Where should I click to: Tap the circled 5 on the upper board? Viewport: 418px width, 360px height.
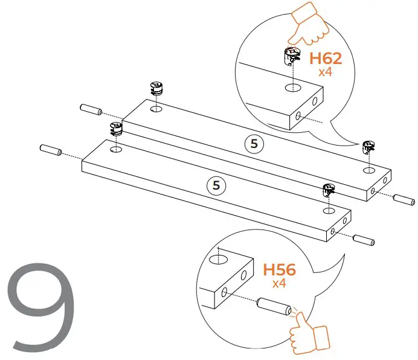coord(254,144)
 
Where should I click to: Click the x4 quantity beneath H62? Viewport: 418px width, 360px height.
coord(326,71)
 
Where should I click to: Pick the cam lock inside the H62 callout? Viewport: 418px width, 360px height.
coord(291,58)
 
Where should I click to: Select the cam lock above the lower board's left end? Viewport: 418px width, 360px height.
coord(115,128)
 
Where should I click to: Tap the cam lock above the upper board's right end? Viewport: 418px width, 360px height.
coord(369,147)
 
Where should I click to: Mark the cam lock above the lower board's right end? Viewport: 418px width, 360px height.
coord(329,190)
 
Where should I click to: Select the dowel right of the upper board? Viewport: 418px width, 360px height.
coord(403,199)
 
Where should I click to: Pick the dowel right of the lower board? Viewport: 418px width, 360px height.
coord(364,239)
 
